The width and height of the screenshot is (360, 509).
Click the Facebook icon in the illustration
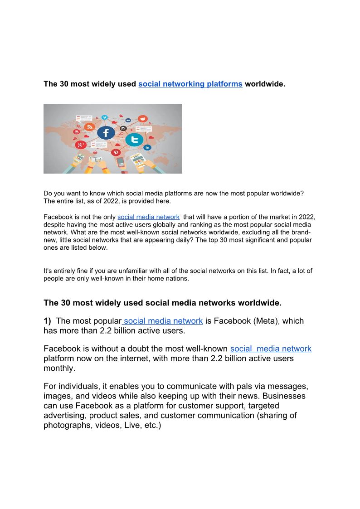(x=106, y=133)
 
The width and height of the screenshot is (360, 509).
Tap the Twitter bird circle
(x=134, y=140)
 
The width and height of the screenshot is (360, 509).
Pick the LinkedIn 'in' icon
(x=147, y=147)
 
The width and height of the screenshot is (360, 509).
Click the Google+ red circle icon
(x=81, y=145)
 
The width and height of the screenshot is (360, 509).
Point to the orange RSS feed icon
(x=90, y=127)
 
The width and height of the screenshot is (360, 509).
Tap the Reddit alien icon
(x=143, y=119)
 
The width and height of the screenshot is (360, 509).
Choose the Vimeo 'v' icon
(x=105, y=117)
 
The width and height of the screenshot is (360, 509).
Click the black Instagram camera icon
(x=123, y=129)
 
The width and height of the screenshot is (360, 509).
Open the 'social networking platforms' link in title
(x=190, y=84)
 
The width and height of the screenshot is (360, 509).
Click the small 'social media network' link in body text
(x=148, y=217)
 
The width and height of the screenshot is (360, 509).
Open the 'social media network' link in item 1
(x=163, y=321)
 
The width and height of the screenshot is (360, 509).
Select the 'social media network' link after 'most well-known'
(x=271, y=349)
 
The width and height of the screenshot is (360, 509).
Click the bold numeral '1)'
(x=48, y=321)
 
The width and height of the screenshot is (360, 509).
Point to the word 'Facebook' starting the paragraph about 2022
(x=57, y=217)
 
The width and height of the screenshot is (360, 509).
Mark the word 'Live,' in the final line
(x=133, y=426)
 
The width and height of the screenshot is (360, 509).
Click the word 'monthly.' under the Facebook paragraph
(x=59, y=368)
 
